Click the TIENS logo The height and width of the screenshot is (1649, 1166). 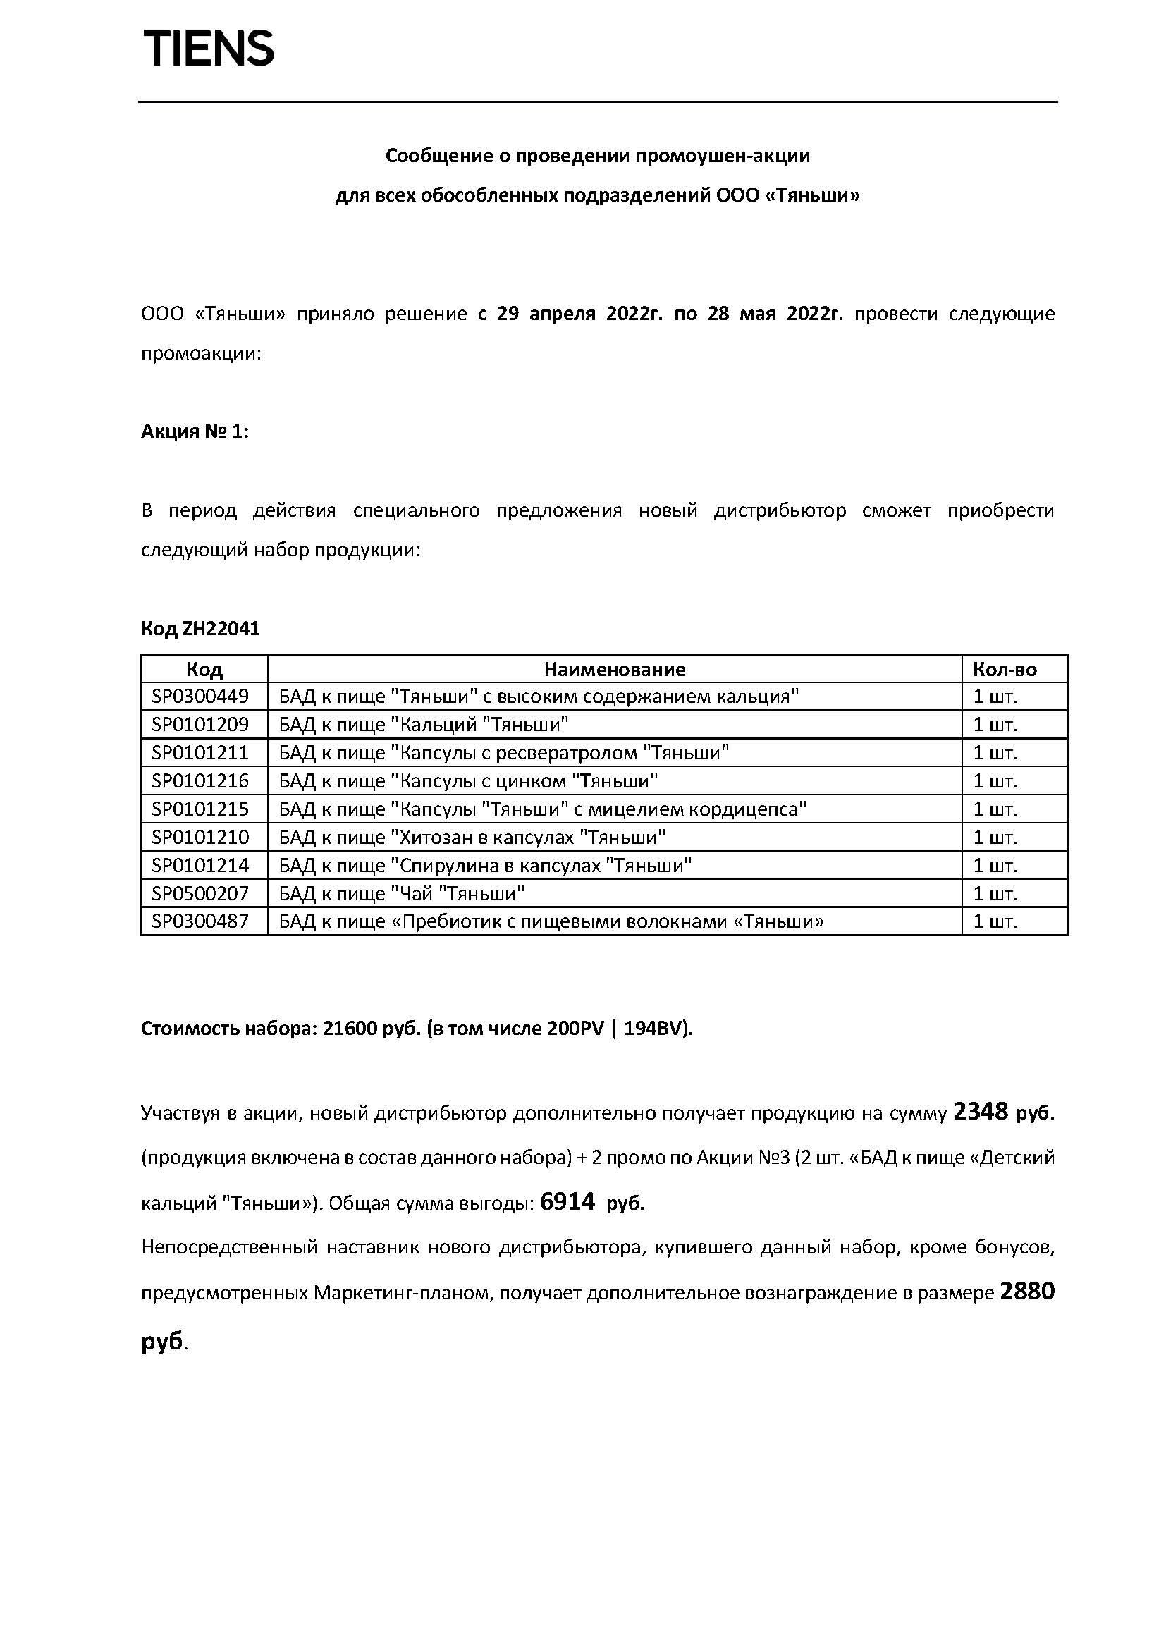tap(209, 49)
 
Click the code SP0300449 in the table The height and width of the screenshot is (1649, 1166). tap(200, 696)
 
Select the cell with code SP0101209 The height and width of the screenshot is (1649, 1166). tap(200, 724)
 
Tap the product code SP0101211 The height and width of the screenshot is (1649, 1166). tap(200, 753)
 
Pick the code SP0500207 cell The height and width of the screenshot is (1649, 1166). tap(200, 893)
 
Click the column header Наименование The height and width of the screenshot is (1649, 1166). tap(615, 669)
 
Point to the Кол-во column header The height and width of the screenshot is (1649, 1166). tap(1005, 669)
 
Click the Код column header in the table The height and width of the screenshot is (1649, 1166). tap(204, 669)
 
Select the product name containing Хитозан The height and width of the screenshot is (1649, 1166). tap(472, 838)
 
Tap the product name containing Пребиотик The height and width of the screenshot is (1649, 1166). tap(551, 921)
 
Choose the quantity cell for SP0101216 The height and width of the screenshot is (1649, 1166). tap(995, 780)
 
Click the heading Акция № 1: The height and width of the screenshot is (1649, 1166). tap(195, 431)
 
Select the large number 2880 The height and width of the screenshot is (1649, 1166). tap(1026, 1292)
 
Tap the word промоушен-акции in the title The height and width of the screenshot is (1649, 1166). tap(724, 156)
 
